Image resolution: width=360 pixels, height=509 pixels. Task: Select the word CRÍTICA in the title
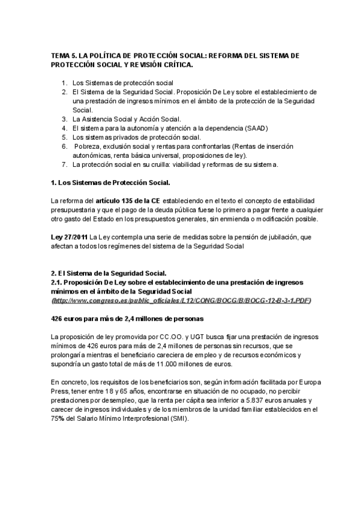178,64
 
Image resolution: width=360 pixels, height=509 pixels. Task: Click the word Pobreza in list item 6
88,146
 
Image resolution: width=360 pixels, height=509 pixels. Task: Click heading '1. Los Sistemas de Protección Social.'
111,182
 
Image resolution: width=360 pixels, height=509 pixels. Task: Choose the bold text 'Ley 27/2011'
69,236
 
